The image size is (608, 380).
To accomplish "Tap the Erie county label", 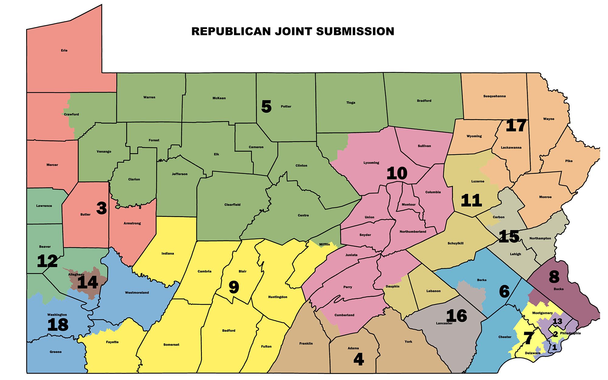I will [64, 51].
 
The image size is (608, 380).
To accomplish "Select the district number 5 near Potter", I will [266, 107].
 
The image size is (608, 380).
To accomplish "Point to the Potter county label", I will [286, 107].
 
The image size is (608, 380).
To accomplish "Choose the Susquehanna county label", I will [494, 96].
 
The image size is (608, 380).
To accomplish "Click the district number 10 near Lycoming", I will [397, 174].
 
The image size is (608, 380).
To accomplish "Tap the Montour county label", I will [408, 205].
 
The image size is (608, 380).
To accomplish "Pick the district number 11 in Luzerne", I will [471, 201].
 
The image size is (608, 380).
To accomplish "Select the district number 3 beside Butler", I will [102, 208].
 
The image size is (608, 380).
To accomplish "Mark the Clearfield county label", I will [232, 205].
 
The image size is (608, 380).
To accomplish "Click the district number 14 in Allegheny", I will [88, 283].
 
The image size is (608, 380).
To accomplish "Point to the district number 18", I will [58, 325].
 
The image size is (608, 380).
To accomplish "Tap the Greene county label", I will [56, 352].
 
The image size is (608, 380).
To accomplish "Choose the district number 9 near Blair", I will [234, 287].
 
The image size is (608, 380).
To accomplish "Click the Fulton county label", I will [266, 347].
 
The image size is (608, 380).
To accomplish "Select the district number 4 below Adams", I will [359, 360].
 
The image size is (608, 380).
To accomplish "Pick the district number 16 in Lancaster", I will [457, 316].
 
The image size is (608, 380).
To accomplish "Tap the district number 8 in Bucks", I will [554, 277].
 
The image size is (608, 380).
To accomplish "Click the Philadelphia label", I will [570, 333].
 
